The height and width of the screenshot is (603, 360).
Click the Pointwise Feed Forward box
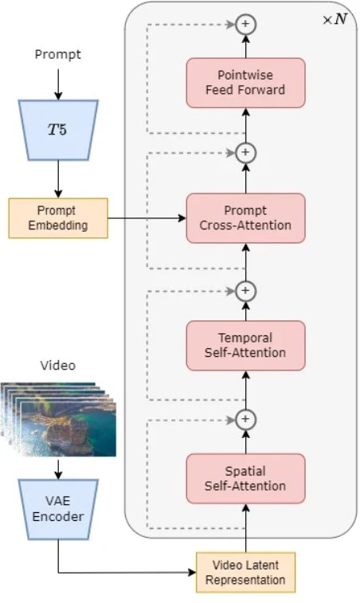tap(246, 83)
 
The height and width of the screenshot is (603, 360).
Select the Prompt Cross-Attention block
tap(246, 218)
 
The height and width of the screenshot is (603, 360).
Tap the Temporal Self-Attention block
tap(246, 346)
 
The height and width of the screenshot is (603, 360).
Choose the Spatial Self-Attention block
tap(246, 479)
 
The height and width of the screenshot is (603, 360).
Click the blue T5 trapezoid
tap(58, 130)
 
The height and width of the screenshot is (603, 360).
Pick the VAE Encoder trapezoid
tap(58, 509)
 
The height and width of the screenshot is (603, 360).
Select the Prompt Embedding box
tap(58, 218)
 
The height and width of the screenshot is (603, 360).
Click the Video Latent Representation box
tap(246, 572)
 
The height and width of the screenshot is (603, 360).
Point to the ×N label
tap(335, 19)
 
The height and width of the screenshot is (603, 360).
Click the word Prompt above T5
tap(58, 55)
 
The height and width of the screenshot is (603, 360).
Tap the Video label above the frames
tap(58, 365)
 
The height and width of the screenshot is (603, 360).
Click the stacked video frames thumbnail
tap(58, 419)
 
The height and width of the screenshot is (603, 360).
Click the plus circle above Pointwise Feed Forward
tap(246, 24)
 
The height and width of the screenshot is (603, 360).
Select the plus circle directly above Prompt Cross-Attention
tap(246, 153)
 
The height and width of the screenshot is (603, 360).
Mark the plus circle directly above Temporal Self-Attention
tap(246, 291)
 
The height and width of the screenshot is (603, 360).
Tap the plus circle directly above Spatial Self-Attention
tap(246, 419)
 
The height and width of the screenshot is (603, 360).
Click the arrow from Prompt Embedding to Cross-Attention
tap(147, 218)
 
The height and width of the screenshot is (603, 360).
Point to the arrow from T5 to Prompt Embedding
tap(58, 179)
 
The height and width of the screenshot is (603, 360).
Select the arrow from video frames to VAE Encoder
tap(58, 468)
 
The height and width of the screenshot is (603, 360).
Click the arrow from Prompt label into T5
tap(58, 84)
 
